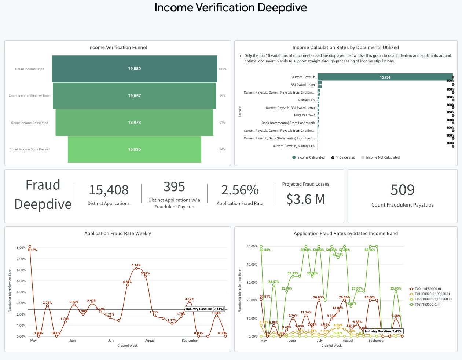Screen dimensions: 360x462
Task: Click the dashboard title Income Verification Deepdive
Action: tap(231, 8)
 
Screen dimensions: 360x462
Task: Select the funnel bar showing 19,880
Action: tap(135, 69)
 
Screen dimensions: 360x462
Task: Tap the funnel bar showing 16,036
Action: tap(135, 149)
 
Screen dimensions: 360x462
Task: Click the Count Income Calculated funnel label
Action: tap(29, 123)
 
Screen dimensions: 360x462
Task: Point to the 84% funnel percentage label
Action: tap(222, 149)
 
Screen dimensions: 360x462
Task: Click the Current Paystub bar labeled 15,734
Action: tap(385, 77)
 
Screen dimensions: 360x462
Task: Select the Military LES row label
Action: tap(306, 100)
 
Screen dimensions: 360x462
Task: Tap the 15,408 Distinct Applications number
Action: tap(109, 190)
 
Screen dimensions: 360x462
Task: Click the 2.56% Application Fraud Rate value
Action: tap(240, 190)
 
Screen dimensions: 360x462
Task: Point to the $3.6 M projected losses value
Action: tap(305, 199)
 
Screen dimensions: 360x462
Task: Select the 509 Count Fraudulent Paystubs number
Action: tap(402, 190)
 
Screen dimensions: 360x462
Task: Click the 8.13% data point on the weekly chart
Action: tap(30, 246)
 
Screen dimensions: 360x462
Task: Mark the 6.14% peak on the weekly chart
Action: tap(136, 268)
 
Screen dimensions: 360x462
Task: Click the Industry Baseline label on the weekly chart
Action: tap(205, 309)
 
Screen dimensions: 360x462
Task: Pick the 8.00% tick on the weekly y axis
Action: tap(21, 248)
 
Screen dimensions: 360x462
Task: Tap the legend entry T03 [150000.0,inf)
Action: tap(428, 305)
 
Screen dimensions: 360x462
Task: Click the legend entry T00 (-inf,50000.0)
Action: tap(428, 289)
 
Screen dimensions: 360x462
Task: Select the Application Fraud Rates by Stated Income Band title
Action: tap(345, 233)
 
